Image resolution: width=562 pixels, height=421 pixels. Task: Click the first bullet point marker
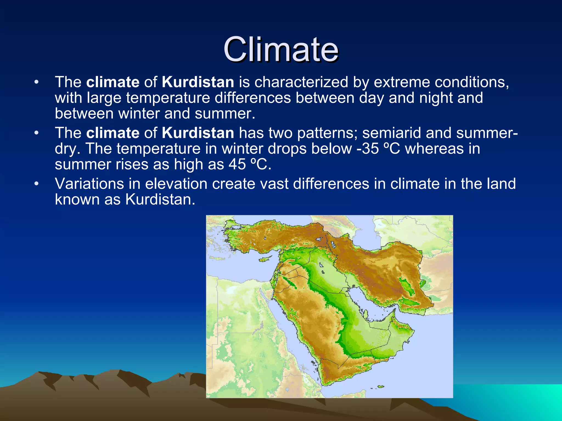(36, 82)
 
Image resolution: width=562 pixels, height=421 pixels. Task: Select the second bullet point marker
(36, 133)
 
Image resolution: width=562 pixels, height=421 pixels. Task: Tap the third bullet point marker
(36, 184)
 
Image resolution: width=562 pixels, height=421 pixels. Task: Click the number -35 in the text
(368, 149)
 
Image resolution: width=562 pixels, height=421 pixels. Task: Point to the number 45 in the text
(237, 164)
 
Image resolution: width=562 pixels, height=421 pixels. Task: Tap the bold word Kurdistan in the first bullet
(198, 82)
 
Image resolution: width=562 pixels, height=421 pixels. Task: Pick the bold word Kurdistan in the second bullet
(198, 133)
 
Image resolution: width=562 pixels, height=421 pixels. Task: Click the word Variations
(89, 184)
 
